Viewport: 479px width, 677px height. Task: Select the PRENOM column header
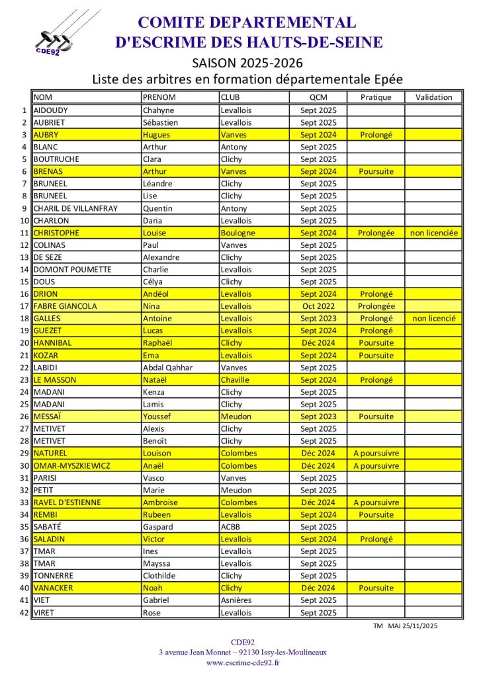(x=159, y=97)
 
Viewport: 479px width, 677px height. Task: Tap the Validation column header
(x=433, y=97)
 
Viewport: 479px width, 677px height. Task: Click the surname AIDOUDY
(x=50, y=110)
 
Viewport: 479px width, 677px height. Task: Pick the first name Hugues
(x=156, y=135)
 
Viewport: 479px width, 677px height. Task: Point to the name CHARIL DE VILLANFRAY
(x=75, y=208)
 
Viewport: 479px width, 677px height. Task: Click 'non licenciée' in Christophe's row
(x=434, y=233)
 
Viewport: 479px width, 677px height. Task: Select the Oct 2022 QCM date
(x=318, y=306)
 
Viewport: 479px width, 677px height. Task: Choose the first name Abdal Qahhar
(x=168, y=368)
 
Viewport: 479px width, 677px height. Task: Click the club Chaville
(x=236, y=379)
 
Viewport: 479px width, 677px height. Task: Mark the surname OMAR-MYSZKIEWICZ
(x=71, y=465)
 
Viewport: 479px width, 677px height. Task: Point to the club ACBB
(x=232, y=527)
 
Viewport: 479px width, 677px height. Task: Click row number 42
(x=25, y=613)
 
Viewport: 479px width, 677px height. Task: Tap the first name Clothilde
(x=161, y=576)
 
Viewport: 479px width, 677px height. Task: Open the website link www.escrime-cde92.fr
(x=243, y=662)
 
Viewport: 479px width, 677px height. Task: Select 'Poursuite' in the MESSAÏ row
(x=376, y=417)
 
